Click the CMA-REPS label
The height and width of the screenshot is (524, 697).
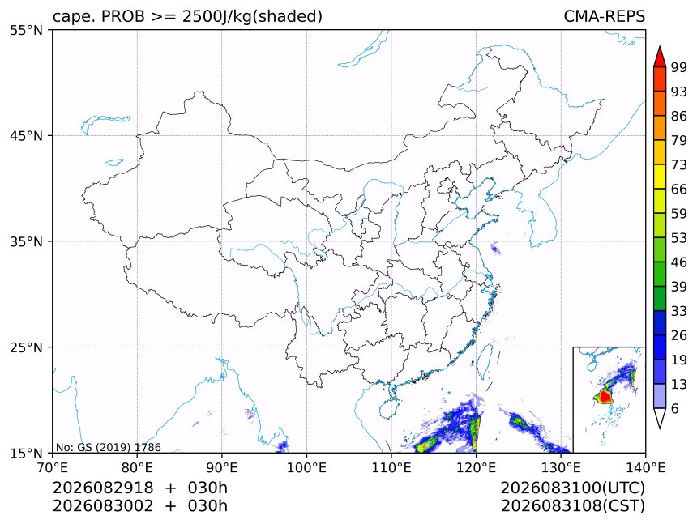pyautogui.click(x=604, y=16)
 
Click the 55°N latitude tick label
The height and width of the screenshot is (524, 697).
pyautogui.click(x=26, y=30)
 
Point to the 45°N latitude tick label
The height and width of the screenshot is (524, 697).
pyautogui.click(x=26, y=135)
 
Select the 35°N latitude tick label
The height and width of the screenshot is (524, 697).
pyautogui.click(x=26, y=241)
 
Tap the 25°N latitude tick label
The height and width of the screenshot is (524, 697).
pyautogui.click(x=26, y=347)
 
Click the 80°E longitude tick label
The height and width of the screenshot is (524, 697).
pyautogui.click(x=137, y=467)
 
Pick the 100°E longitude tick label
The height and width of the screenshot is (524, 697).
pyautogui.click(x=306, y=467)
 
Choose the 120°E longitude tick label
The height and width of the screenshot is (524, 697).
pyautogui.click(x=476, y=467)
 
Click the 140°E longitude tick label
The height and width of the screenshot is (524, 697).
pyautogui.click(x=645, y=467)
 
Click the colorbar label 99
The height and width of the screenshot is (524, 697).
pyautogui.click(x=679, y=67)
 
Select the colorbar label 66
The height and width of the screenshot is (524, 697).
pyautogui.click(x=679, y=190)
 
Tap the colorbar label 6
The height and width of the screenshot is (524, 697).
pyautogui.click(x=675, y=408)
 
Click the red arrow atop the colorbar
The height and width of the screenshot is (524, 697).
pyautogui.click(x=660, y=57)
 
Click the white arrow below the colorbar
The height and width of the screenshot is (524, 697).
pyautogui.click(x=660, y=418)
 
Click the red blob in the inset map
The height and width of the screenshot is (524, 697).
pyautogui.click(x=604, y=396)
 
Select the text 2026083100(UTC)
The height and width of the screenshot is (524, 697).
pyautogui.click(x=572, y=488)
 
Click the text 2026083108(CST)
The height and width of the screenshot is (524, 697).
pyautogui.click(x=572, y=506)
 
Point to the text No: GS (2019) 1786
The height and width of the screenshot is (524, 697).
pyautogui.click(x=108, y=447)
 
